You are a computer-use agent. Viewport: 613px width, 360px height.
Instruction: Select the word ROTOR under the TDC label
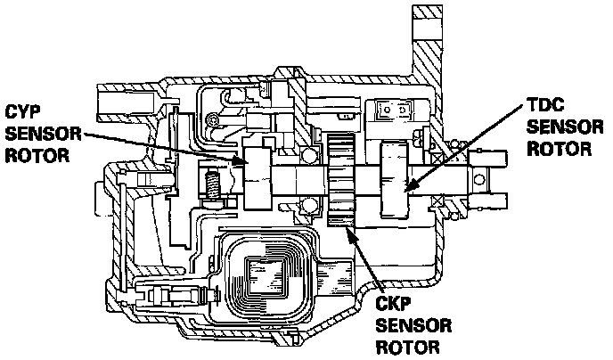point(557,149)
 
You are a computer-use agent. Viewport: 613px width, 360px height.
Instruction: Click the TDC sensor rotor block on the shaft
point(396,181)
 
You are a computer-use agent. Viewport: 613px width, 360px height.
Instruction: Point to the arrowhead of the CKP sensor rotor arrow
point(349,230)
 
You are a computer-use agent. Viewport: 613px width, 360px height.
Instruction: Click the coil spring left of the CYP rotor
point(213,184)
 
